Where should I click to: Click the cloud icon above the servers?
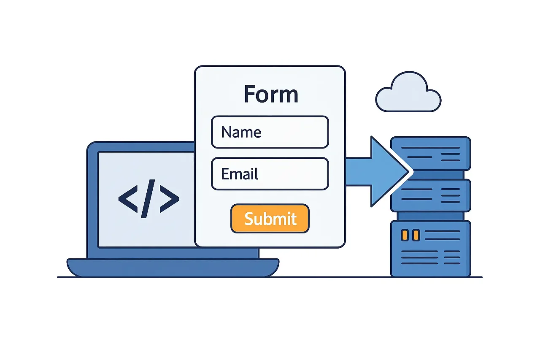click(x=408, y=94)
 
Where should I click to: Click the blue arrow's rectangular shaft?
click(x=358, y=171)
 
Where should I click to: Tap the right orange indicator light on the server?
click(x=416, y=235)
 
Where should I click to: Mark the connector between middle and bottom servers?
click(x=430, y=216)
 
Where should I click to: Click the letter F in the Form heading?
click(x=251, y=94)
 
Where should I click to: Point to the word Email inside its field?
click(x=240, y=174)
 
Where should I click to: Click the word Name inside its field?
click(x=241, y=132)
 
